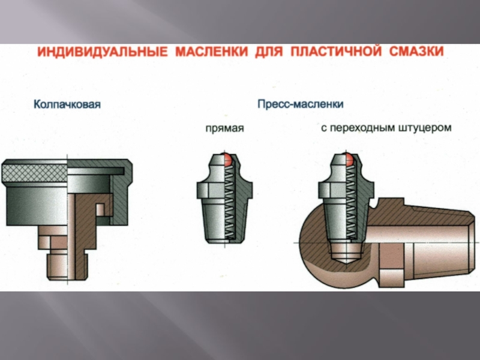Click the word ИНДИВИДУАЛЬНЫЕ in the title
103,52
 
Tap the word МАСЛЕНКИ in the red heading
212,52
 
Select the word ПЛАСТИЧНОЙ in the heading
336,52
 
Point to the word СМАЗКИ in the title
416,52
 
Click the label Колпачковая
67,104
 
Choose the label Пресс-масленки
301,104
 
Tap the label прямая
224,128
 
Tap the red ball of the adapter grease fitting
350,160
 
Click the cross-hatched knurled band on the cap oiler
34,173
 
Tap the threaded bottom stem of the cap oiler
67,265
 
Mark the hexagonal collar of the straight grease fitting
224,190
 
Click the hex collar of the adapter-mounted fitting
346,190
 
